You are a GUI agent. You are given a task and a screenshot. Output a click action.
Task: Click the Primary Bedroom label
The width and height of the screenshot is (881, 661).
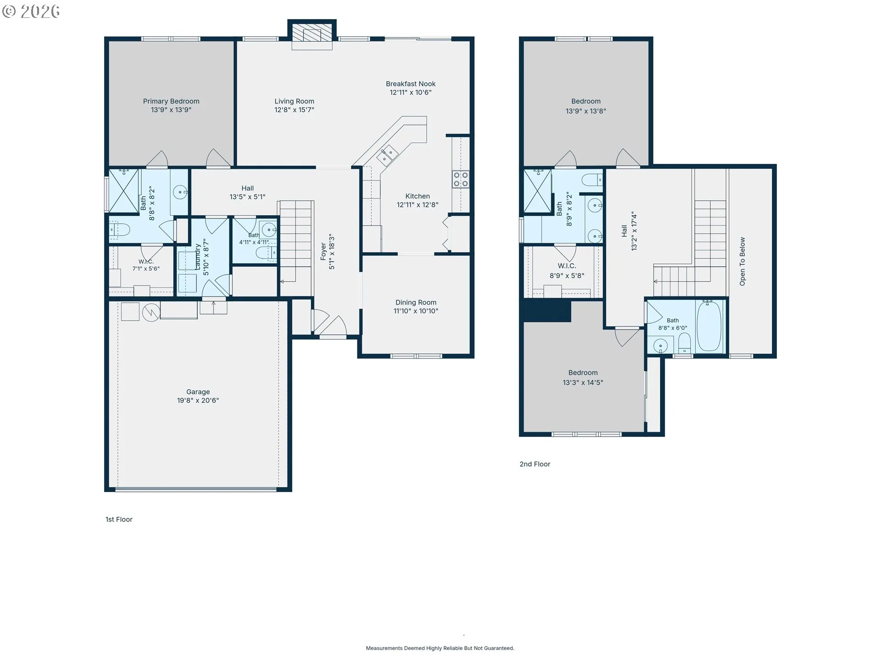click(x=171, y=101)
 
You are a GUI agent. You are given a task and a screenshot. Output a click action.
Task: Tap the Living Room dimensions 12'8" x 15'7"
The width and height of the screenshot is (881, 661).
click(x=294, y=110)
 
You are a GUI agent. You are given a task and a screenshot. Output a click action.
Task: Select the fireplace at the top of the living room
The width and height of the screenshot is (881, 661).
click(x=312, y=35)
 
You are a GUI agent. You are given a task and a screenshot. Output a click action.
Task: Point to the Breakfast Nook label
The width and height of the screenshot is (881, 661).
click(x=411, y=84)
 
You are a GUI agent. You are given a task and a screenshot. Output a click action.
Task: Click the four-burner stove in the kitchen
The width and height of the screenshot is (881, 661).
click(x=461, y=179)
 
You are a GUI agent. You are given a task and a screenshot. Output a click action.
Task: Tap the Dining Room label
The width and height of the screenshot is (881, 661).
click(x=416, y=302)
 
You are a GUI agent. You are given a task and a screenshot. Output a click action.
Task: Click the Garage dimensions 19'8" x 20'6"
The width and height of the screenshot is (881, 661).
click(x=198, y=400)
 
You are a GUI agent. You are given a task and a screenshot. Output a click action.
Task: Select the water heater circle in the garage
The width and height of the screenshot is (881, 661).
click(x=151, y=313)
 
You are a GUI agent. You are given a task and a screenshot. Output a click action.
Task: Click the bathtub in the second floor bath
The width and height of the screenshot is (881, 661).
click(x=709, y=325)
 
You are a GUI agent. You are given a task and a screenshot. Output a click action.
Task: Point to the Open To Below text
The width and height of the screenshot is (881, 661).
click(x=742, y=261)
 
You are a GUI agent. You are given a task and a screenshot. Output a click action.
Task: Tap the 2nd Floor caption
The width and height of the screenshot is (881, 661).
click(x=535, y=464)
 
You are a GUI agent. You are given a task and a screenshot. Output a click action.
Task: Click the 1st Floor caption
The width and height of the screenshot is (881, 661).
click(x=119, y=519)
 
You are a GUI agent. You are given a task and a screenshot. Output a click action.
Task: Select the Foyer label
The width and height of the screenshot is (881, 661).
click(x=323, y=252)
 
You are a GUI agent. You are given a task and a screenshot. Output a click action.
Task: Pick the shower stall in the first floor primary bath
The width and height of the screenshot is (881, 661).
click(x=124, y=191)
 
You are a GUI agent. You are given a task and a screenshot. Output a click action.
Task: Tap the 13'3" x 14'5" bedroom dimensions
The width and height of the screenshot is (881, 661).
click(x=583, y=382)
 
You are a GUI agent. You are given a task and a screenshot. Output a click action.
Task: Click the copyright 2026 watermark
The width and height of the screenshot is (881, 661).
click(x=31, y=11)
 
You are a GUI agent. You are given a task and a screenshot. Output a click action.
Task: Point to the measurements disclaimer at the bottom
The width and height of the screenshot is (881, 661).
click(x=440, y=648)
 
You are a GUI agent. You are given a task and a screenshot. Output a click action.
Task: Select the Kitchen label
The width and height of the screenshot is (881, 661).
click(x=418, y=196)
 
